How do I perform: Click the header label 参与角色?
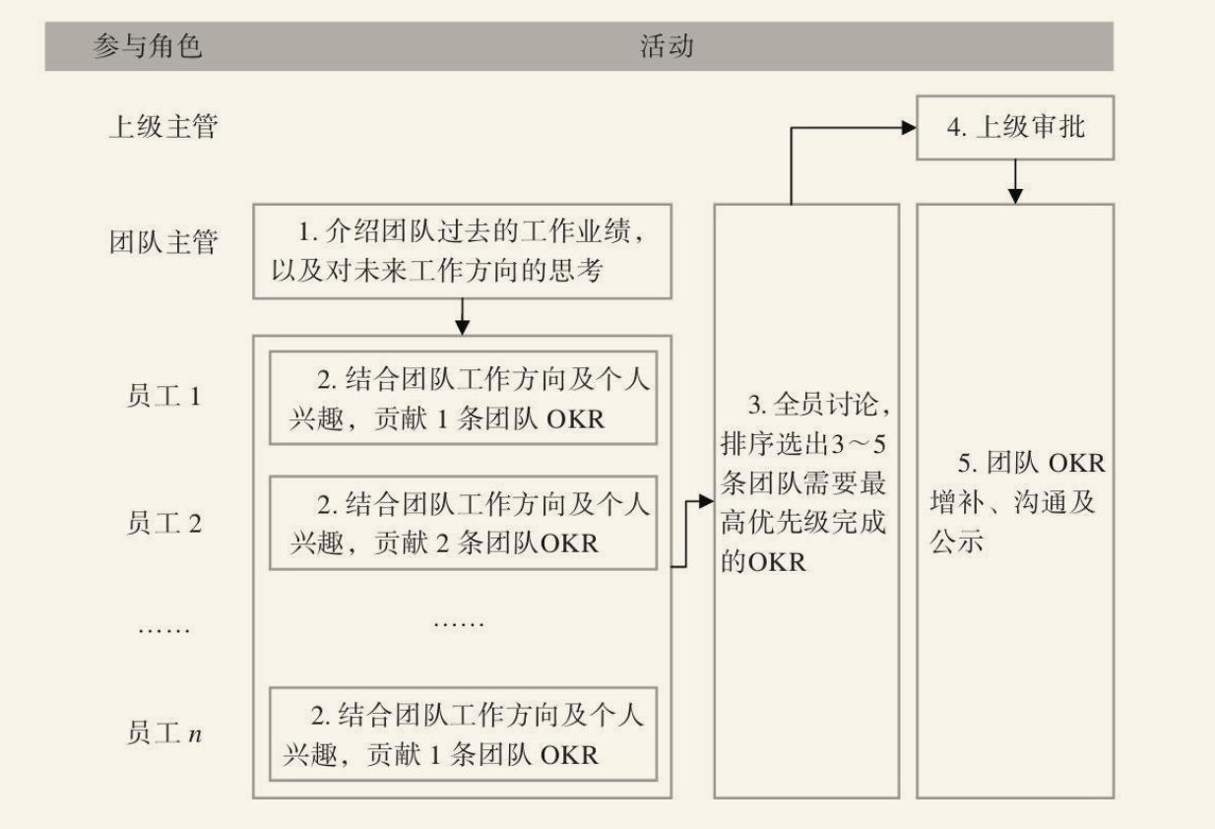(x=147, y=46)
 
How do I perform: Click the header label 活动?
(x=667, y=46)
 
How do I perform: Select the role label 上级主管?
(x=162, y=127)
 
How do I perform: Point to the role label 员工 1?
(x=163, y=398)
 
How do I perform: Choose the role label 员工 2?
(x=163, y=523)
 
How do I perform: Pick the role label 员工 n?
(x=163, y=733)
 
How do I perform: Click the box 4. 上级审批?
(x=1015, y=128)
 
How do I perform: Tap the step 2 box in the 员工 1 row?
(x=462, y=398)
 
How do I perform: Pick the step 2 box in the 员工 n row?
(x=462, y=733)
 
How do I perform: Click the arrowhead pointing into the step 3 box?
(x=705, y=501)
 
